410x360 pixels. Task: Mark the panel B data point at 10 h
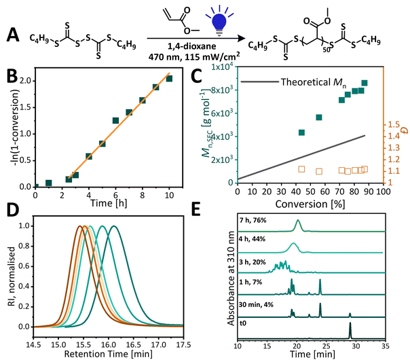click(x=169, y=79)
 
